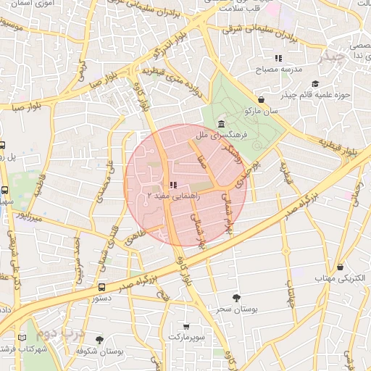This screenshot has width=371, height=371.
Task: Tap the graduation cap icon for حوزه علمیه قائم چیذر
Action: coord(315,83)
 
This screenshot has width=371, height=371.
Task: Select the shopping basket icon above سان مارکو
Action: coord(261,99)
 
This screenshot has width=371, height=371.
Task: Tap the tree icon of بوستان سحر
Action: coord(236,298)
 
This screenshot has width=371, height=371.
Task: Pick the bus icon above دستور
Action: coord(101,287)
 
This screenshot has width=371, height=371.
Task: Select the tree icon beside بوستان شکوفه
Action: coord(99,340)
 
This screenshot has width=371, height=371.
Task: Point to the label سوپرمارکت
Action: coord(187,338)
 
